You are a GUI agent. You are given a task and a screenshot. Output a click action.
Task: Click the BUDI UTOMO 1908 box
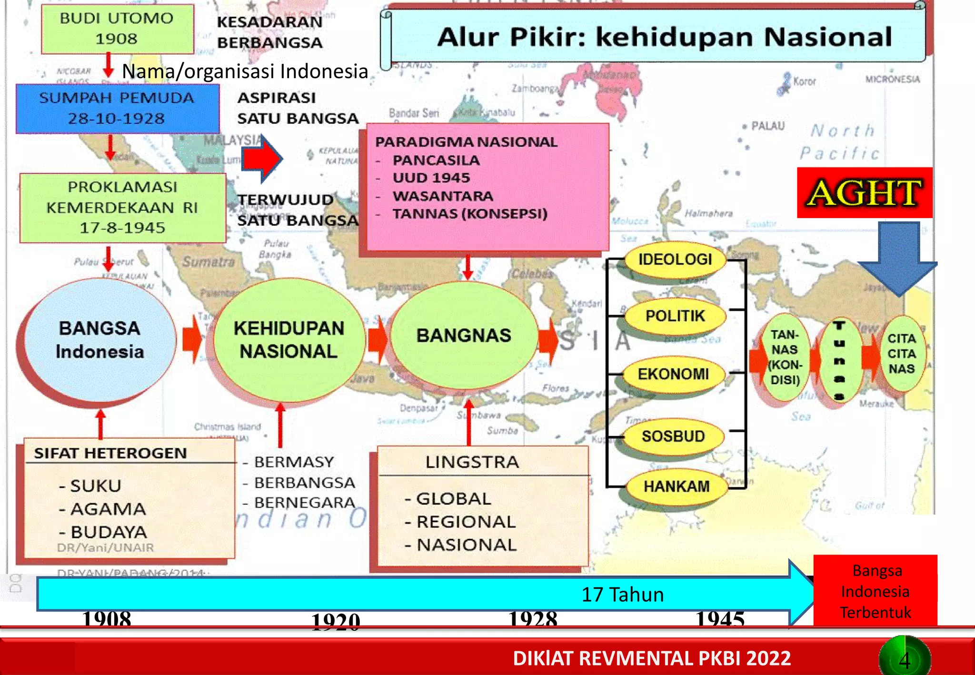click(x=117, y=29)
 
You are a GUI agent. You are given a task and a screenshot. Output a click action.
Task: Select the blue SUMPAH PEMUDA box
click(x=117, y=109)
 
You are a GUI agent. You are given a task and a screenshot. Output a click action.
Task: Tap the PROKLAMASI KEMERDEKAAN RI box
click(x=122, y=208)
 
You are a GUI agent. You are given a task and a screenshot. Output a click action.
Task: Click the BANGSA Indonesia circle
click(x=99, y=340)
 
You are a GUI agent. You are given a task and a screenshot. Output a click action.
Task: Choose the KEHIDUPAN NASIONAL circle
click(x=289, y=340)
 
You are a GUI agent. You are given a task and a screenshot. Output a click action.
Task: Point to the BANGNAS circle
click(x=464, y=336)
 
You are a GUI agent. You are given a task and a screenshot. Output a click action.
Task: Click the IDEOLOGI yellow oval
click(x=675, y=260)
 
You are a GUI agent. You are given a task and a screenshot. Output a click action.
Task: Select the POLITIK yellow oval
click(x=675, y=316)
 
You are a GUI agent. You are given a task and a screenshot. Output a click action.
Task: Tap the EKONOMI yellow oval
click(x=673, y=374)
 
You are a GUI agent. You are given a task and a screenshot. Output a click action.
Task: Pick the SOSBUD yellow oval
click(x=673, y=436)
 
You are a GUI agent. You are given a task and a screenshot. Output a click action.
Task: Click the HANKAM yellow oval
click(x=676, y=486)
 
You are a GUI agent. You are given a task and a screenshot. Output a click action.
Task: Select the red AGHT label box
click(x=864, y=193)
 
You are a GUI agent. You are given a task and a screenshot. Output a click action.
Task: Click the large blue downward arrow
click(x=898, y=257)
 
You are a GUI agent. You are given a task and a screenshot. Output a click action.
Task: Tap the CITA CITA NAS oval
click(x=901, y=354)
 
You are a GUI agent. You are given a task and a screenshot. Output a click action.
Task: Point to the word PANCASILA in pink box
click(x=436, y=160)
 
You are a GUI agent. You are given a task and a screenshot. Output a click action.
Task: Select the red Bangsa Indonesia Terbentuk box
click(x=875, y=591)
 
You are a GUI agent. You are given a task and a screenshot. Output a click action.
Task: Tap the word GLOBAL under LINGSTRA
click(x=453, y=499)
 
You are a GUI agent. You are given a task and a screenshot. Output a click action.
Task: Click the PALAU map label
click(x=767, y=126)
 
